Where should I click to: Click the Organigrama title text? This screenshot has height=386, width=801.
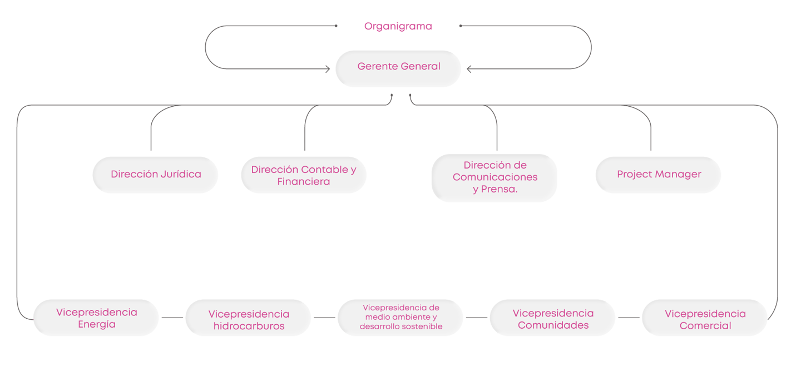pyautogui.click(x=398, y=27)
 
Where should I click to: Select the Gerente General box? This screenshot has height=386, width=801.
pyautogui.click(x=398, y=68)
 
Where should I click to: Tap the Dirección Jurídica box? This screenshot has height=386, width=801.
pyautogui.click(x=155, y=175)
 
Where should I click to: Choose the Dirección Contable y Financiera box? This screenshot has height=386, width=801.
pyautogui.click(x=304, y=175)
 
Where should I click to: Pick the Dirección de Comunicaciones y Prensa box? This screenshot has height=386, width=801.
pyautogui.click(x=494, y=177)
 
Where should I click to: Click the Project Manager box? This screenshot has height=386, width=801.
pyautogui.click(x=658, y=175)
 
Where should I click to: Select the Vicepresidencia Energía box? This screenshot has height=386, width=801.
pyautogui.click(x=96, y=318)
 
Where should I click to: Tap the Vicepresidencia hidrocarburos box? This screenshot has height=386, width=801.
pyautogui.click(x=248, y=318)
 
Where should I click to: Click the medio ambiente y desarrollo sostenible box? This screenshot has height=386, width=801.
pyautogui.click(x=400, y=318)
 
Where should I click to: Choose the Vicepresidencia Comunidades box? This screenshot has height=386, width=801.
pyautogui.click(x=552, y=318)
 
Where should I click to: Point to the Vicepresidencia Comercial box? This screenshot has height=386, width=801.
pyautogui.click(x=704, y=318)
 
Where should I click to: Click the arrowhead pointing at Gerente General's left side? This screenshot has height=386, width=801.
pyautogui.click(x=328, y=69)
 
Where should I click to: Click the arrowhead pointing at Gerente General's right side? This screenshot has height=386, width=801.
pyautogui.click(x=469, y=69)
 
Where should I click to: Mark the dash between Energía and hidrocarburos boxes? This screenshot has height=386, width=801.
pyautogui.click(x=172, y=318)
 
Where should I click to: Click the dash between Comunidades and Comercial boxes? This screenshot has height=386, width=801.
pyautogui.click(x=629, y=318)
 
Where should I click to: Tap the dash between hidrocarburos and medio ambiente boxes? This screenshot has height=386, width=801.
pyautogui.click(x=324, y=318)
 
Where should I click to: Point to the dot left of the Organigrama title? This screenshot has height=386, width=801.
pyautogui.click(x=336, y=26)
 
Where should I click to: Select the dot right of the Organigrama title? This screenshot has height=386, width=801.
pyautogui.click(x=461, y=26)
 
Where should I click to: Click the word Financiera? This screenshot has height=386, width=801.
pyautogui.click(x=304, y=181)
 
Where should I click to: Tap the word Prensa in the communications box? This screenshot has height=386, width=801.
pyautogui.click(x=498, y=189)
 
